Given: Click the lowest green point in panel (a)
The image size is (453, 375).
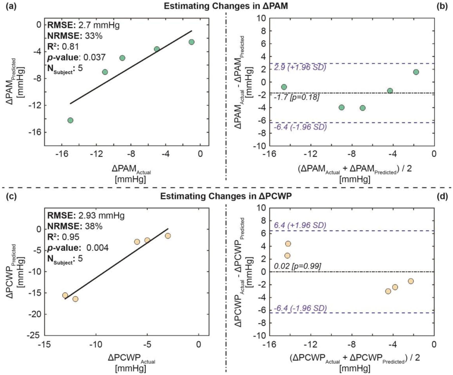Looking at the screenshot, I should click(70, 120).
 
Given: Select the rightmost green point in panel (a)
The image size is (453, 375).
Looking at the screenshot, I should click(191, 42).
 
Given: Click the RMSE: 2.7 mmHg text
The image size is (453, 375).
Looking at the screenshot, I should click(83, 25).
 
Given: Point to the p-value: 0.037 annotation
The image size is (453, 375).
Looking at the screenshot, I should click(76, 57).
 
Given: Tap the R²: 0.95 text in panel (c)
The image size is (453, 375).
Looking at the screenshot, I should click(63, 237).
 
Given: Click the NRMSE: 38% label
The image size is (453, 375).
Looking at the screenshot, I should click(75, 226).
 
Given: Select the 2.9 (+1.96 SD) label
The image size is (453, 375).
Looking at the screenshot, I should click(300, 67).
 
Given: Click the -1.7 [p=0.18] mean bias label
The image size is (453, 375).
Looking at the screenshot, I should click(296, 97).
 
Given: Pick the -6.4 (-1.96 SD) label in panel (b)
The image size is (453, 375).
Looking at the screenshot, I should click(300, 127).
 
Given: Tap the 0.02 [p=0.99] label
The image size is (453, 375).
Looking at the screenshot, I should click(297, 266).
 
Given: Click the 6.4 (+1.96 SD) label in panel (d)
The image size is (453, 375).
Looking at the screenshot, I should click(300, 225).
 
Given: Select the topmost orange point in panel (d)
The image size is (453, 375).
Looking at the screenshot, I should click(288, 244).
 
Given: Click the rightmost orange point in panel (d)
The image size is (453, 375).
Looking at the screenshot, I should click(411, 281).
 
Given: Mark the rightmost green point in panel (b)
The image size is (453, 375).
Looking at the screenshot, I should click(416, 72).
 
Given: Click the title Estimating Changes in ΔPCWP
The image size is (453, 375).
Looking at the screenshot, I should click(226, 196).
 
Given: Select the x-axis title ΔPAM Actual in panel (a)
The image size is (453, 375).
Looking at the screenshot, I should click(131, 169).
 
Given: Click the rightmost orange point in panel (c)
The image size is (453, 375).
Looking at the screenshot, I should click(168, 236).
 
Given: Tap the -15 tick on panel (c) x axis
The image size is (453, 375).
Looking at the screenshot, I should click(44, 344).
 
